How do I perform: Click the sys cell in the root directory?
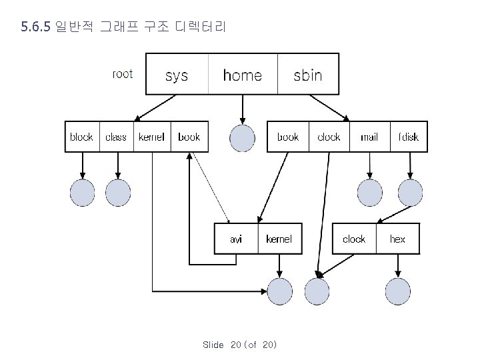177,75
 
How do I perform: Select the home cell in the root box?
242,75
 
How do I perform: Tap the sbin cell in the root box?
307,75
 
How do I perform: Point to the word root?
123,74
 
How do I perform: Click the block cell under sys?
82,137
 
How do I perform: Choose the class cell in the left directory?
116,137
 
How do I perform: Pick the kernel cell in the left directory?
151,137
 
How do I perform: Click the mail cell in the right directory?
369,137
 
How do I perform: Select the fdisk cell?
408,137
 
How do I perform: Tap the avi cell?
236,239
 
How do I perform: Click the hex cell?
397,239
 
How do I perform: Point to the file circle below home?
242,138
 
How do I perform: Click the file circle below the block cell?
83,193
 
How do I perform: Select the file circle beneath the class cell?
118,193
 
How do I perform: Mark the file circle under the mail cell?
370,193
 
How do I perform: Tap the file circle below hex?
398,291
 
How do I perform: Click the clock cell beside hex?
354,239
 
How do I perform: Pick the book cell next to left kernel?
189,137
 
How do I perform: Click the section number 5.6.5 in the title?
36,27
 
